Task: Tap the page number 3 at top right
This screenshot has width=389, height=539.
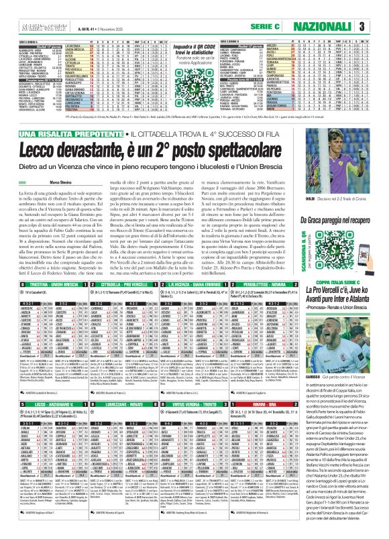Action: pyautogui.click(x=380, y=26)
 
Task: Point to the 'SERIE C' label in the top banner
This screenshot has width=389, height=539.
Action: pyautogui.click(x=292, y=26)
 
